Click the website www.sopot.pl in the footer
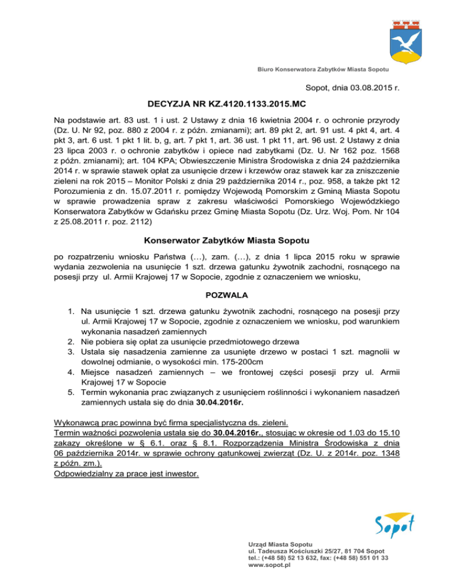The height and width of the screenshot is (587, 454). pos(270,564)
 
